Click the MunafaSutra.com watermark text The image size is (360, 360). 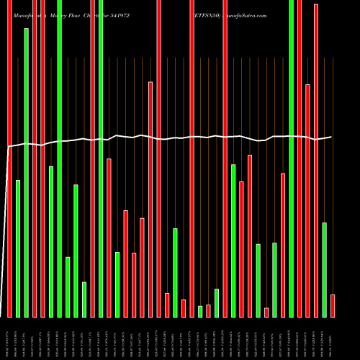click(x=242, y=15)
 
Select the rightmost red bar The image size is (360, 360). click(x=333, y=305)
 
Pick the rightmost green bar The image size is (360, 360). click(x=324, y=270)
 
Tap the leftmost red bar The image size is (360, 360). click(x=9, y=158)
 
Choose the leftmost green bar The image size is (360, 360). click(x=18, y=248)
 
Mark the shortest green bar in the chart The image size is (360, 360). click(x=200, y=311)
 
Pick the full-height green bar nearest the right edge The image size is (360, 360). click(x=292, y=158)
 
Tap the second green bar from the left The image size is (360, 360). click(x=27, y=173)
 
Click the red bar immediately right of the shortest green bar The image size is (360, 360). click(x=208, y=310)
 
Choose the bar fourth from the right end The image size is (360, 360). click(x=307, y=201)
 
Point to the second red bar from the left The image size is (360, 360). click(x=35, y=158)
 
